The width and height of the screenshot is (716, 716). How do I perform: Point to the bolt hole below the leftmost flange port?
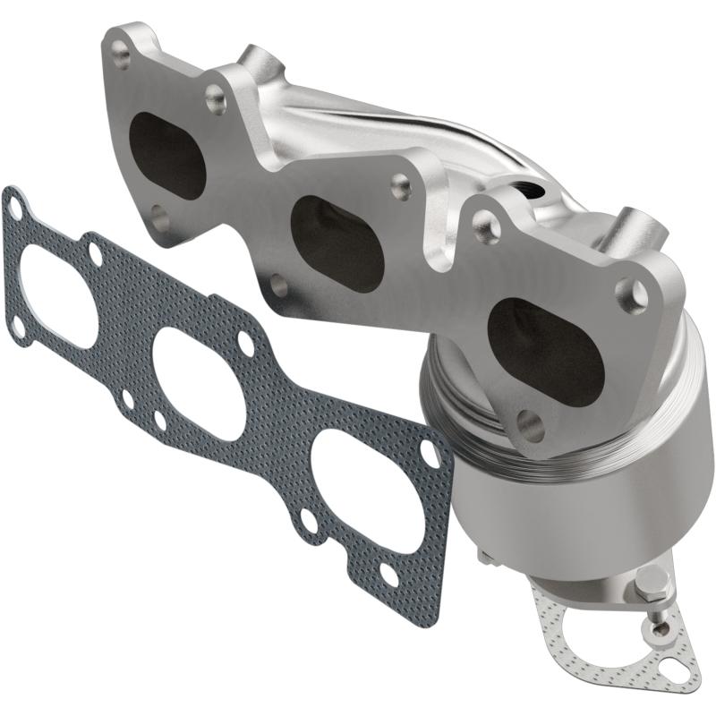click(x=158, y=215)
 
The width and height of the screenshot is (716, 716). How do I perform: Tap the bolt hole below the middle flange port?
click(x=278, y=286)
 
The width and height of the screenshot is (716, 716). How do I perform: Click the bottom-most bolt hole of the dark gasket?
click(x=389, y=573)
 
